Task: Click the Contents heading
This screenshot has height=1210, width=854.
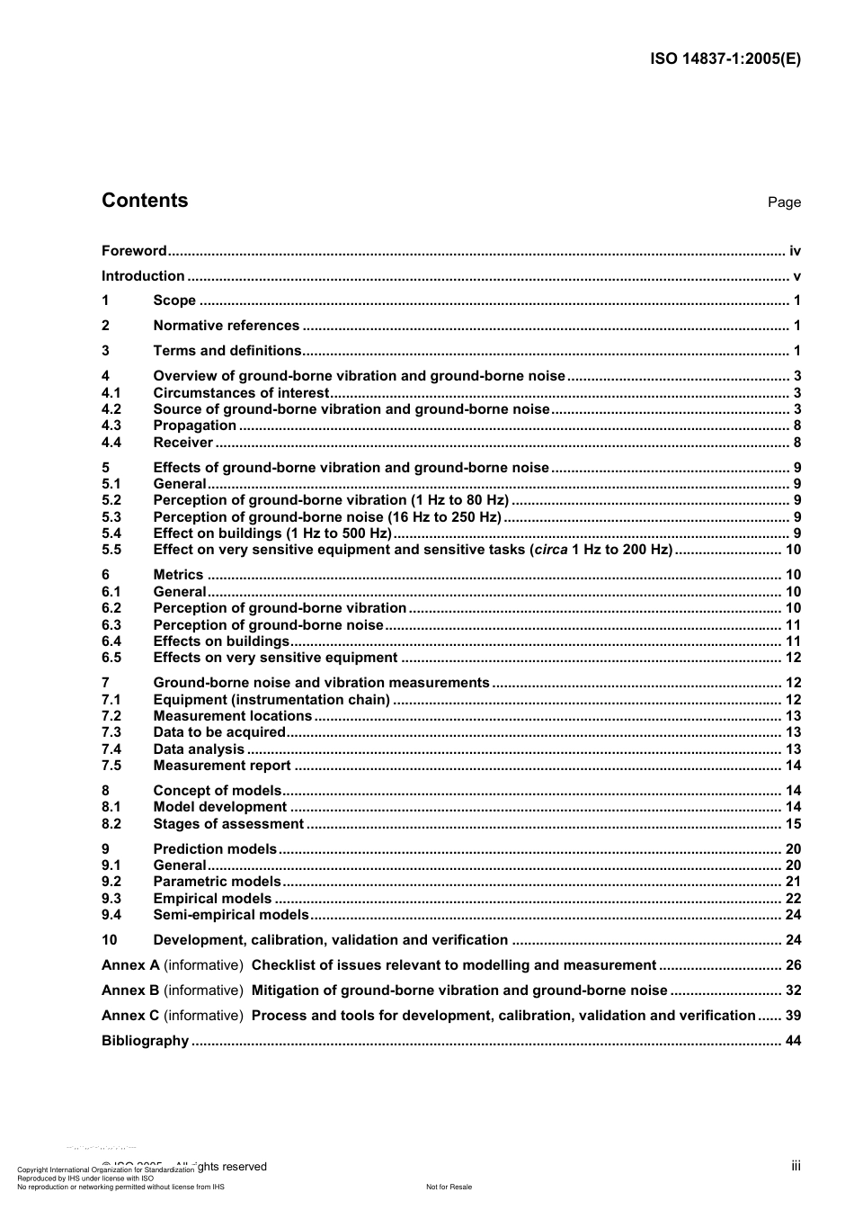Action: click(x=145, y=201)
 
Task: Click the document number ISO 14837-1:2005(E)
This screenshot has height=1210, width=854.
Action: click(x=725, y=59)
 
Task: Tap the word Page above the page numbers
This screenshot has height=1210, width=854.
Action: click(x=784, y=202)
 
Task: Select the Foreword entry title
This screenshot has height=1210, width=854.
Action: click(x=134, y=251)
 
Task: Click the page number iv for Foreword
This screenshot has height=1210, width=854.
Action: click(x=795, y=251)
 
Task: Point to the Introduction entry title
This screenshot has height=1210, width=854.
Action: click(x=143, y=276)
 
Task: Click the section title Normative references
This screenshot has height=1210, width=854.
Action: click(x=226, y=326)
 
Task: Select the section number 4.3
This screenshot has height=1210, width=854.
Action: click(x=111, y=426)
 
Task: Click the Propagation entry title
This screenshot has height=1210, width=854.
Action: click(x=194, y=426)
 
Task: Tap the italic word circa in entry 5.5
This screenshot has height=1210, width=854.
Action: click(x=551, y=550)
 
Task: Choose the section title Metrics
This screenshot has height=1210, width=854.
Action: click(x=178, y=575)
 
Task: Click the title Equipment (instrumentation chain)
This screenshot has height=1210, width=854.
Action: click(x=271, y=700)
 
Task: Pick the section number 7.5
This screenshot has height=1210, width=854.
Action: click(x=111, y=766)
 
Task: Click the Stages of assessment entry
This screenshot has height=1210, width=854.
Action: click(x=228, y=824)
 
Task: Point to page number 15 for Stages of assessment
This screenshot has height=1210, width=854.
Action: click(x=793, y=824)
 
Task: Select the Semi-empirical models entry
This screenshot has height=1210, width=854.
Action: click(x=231, y=915)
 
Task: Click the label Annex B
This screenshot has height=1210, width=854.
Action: click(x=130, y=990)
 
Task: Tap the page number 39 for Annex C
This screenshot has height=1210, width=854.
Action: click(x=793, y=1016)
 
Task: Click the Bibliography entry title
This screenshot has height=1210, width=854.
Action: click(x=145, y=1041)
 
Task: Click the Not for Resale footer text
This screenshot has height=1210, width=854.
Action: click(x=449, y=1187)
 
